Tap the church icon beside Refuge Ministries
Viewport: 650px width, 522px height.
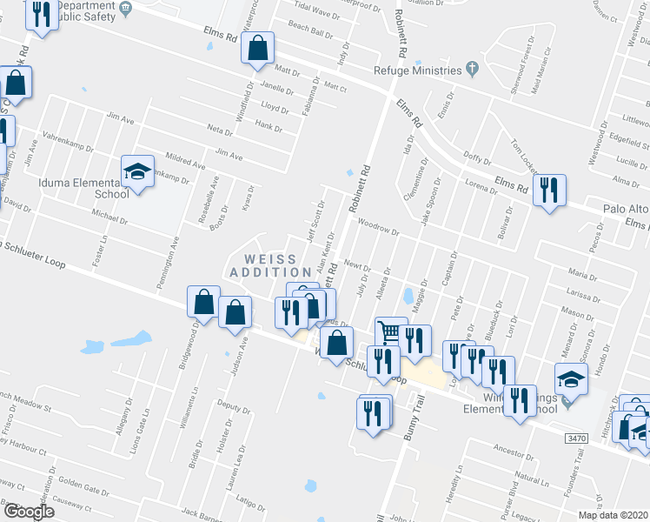coord(472,68)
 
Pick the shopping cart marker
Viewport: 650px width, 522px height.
coord(391,332)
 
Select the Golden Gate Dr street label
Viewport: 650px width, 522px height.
coord(82,484)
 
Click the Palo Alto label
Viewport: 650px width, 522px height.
coord(625,209)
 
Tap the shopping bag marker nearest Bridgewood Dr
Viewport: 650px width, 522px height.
coord(202,302)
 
